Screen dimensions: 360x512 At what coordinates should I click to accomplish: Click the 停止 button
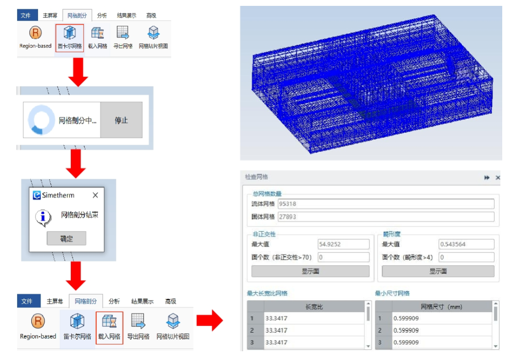(x=121, y=120)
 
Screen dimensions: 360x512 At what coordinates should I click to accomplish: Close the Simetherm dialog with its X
(x=95, y=195)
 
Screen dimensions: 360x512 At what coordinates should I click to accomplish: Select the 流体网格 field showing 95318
(x=386, y=204)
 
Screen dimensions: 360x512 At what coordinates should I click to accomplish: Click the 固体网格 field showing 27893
(x=386, y=217)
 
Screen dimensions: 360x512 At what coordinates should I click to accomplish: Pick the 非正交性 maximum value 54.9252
(x=344, y=244)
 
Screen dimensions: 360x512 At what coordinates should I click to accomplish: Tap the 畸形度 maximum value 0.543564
(x=466, y=244)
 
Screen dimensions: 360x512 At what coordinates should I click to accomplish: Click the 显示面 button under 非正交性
(x=310, y=272)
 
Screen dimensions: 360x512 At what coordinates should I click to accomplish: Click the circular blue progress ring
(x=41, y=120)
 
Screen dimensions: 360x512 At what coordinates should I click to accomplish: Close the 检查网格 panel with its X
(x=498, y=178)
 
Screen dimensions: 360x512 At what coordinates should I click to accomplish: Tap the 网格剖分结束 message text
(x=80, y=215)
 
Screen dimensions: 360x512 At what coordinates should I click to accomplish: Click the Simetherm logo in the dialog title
(x=37, y=195)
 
